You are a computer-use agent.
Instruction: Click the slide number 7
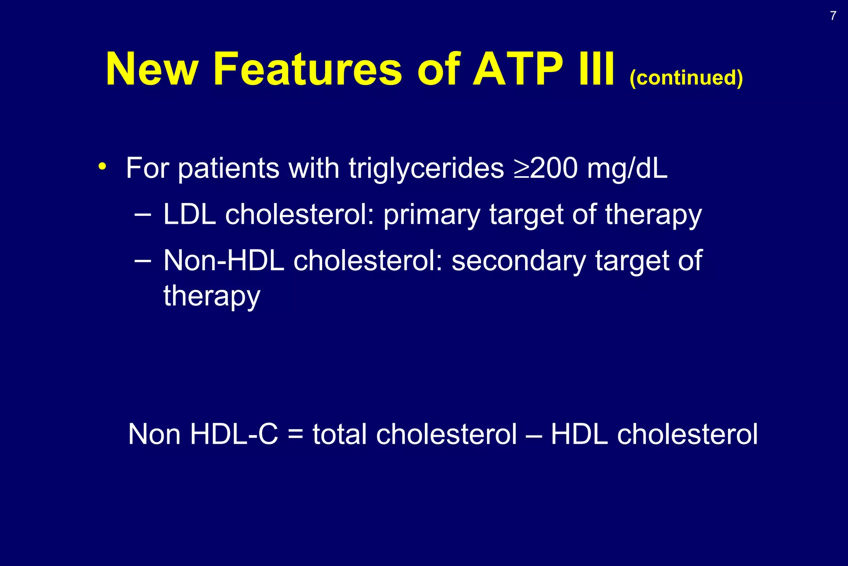(833, 16)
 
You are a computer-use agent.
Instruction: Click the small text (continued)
(686, 77)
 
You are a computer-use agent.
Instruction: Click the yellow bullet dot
(102, 167)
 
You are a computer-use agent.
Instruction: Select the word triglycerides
(426, 169)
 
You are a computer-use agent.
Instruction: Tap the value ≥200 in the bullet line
(545, 169)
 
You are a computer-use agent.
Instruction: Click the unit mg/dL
(627, 169)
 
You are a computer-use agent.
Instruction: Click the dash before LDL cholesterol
(143, 215)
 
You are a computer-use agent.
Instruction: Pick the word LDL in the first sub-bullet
(190, 215)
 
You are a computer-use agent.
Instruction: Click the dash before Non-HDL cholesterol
(143, 261)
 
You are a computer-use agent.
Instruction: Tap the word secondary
(518, 261)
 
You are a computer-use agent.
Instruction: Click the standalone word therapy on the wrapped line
(212, 296)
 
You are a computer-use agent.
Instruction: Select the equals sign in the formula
(295, 435)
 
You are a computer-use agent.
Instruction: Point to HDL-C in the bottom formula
(234, 435)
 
